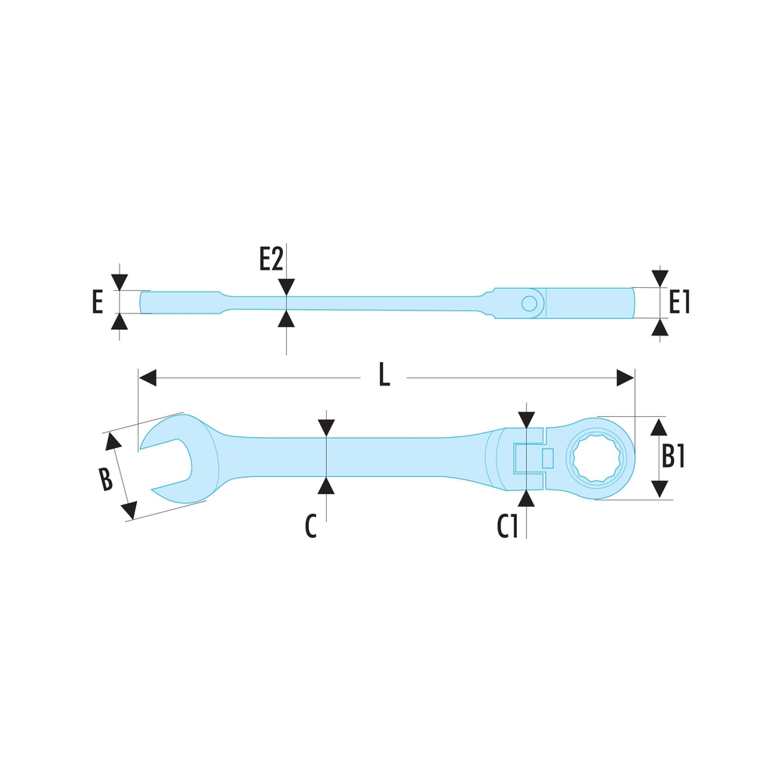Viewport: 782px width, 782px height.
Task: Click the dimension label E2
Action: pyautogui.click(x=271, y=259)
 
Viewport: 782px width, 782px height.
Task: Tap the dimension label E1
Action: pyautogui.click(x=679, y=302)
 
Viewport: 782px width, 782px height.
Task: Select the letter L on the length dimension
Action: pyautogui.click(x=383, y=375)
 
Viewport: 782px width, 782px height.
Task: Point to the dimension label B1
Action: pyautogui.click(x=673, y=456)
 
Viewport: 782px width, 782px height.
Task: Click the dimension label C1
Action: pyautogui.click(x=508, y=526)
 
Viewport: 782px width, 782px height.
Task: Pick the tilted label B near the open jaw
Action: pyautogui.click(x=106, y=479)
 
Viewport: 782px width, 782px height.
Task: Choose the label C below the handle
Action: pyautogui.click(x=310, y=526)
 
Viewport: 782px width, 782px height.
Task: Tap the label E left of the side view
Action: pyautogui.click(x=98, y=302)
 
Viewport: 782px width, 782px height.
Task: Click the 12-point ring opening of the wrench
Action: pyautogui.click(x=597, y=457)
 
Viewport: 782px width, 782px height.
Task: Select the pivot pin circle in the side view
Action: pyautogui.click(x=529, y=303)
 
